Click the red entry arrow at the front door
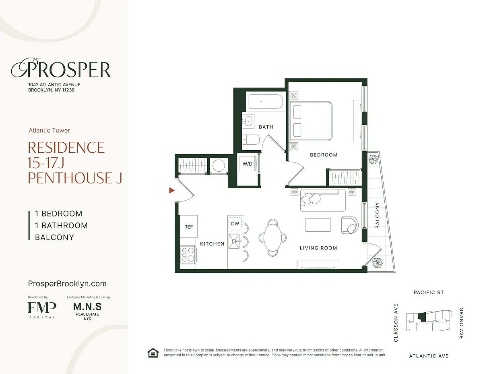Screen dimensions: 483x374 (x=171, y=191)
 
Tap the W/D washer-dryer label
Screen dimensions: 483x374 (x=248, y=164)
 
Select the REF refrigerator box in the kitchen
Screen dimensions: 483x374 (x=188, y=226)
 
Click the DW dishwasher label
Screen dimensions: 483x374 (x=235, y=224)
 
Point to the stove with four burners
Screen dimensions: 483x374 (x=188, y=255)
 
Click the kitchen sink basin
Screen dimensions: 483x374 (x=234, y=241)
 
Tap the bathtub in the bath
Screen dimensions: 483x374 (x=266, y=102)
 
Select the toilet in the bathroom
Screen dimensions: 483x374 (x=251, y=140)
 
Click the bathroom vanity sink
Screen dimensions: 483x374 (x=248, y=121)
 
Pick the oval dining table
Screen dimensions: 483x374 (x=272, y=238)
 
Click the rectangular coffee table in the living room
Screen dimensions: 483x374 (x=318, y=225)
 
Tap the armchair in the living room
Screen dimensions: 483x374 (x=350, y=225)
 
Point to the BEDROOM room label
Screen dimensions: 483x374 (x=324, y=155)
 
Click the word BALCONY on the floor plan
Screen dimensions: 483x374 (x=377, y=215)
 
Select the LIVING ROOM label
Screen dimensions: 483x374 (x=318, y=248)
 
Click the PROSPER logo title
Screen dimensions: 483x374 (x=61, y=69)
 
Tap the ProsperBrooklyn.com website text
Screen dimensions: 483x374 (x=67, y=284)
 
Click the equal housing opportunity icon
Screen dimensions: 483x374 (x=153, y=353)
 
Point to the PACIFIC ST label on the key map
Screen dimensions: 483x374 (x=429, y=293)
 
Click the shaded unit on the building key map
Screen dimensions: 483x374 (x=422, y=317)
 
